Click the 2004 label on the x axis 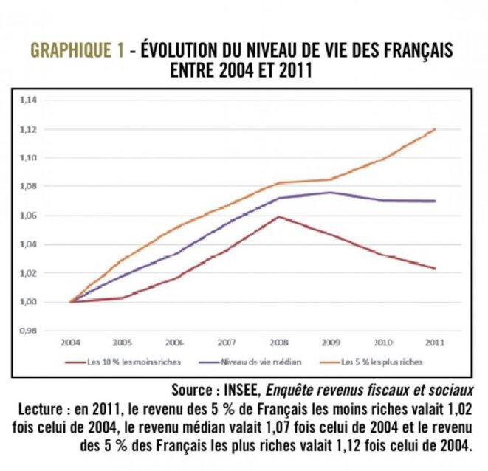click(x=72, y=343)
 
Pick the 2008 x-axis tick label click(x=278, y=343)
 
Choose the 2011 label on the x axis click(x=434, y=343)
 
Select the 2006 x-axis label click(x=174, y=343)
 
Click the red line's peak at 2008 click(x=279, y=216)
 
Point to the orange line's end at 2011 click(x=436, y=129)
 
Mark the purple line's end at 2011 click(x=436, y=201)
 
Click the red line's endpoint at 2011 click(x=436, y=269)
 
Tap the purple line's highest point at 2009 click(x=331, y=193)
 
